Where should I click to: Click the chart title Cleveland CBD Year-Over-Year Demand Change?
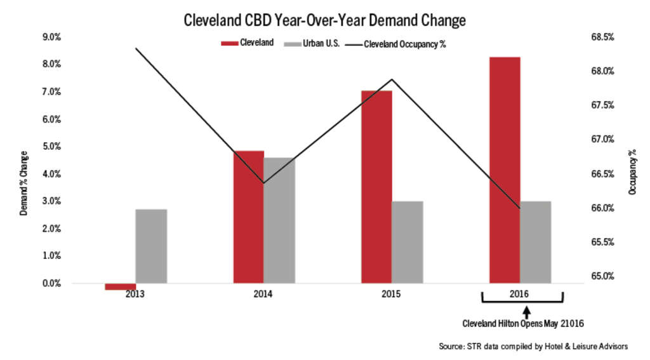pos(324,20)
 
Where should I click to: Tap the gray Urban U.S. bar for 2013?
pos(151,246)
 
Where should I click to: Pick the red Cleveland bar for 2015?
pos(376,187)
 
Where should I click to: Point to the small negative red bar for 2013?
pos(121,286)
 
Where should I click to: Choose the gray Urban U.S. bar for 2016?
pos(536,242)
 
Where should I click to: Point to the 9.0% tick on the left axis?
pos(52,37)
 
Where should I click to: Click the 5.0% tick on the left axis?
pos(52,146)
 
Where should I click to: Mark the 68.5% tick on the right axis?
pos(602,37)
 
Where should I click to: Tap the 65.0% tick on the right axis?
pos(602,276)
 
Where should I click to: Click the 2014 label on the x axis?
pos(263,295)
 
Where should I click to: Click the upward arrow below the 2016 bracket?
pos(526,312)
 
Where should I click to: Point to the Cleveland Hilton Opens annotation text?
pos(522,324)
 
